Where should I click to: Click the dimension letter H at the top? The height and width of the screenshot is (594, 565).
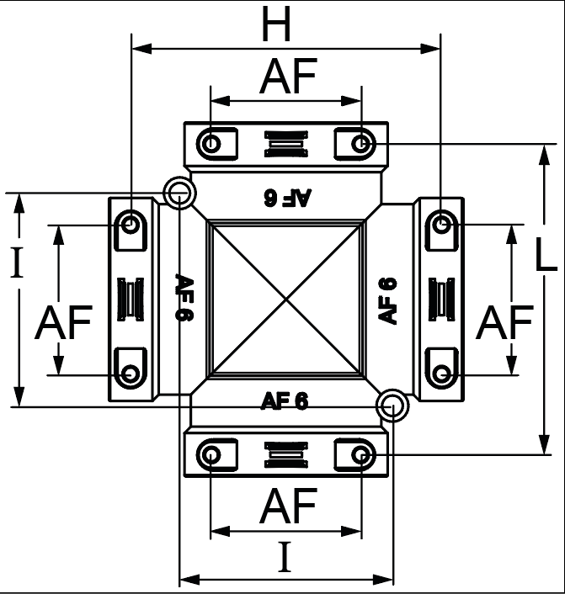pos(276,24)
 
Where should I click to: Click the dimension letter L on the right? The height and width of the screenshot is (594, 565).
pos(546,254)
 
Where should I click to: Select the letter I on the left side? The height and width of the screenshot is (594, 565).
pos(16,262)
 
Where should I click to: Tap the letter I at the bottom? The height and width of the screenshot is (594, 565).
pos(285,556)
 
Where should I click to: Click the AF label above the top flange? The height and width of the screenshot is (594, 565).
pos(288,77)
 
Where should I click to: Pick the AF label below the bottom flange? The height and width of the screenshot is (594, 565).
pos(288,506)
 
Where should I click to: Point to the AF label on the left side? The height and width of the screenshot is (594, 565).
pos(63,322)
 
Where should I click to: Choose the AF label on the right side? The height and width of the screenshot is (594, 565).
pos(504,322)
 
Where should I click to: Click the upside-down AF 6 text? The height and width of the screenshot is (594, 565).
pos(288,198)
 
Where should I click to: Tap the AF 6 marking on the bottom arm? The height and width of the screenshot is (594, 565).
pos(285,400)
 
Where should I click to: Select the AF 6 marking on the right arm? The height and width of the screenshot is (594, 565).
pos(387,301)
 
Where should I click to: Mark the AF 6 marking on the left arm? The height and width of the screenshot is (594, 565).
pos(184,297)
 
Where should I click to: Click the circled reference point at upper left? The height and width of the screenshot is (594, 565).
pos(179,193)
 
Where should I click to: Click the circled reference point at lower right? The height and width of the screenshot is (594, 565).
pos(393,406)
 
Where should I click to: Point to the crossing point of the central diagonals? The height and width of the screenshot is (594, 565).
pos(286,299)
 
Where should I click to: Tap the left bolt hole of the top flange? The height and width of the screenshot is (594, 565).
pos(211,144)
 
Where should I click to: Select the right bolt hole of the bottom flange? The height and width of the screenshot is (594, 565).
pos(360,454)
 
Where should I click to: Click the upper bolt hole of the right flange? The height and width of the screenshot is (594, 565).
pos(441,225)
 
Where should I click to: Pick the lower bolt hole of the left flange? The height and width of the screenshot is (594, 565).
pos(130,374)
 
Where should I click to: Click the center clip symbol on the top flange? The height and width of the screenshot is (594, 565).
pos(286,144)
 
